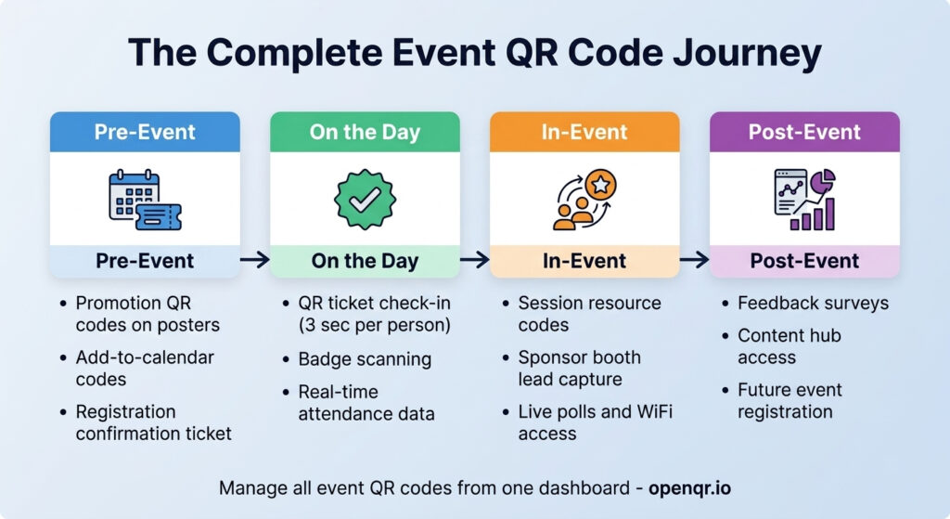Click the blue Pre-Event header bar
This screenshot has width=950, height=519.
(x=145, y=133)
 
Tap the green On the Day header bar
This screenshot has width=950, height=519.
(x=365, y=133)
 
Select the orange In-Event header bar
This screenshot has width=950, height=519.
(x=584, y=133)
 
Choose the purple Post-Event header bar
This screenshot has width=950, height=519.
(x=804, y=133)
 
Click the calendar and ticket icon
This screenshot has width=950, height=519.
(x=145, y=199)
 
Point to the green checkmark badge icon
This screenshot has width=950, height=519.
(x=365, y=199)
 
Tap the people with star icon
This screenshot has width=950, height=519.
(x=584, y=199)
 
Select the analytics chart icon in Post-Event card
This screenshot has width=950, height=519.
(x=804, y=199)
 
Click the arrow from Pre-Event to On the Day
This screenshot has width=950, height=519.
(x=254, y=261)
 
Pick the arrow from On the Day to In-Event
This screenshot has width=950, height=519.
(x=474, y=261)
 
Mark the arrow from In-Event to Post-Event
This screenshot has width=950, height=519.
(x=694, y=261)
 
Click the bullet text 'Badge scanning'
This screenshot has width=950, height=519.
(x=352, y=358)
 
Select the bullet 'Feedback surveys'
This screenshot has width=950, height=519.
(x=813, y=304)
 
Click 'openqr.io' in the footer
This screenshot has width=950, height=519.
(x=689, y=487)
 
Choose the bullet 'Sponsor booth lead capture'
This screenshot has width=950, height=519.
(x=580, y=369)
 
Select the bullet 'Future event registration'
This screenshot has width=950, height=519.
(x=790, y=400)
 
